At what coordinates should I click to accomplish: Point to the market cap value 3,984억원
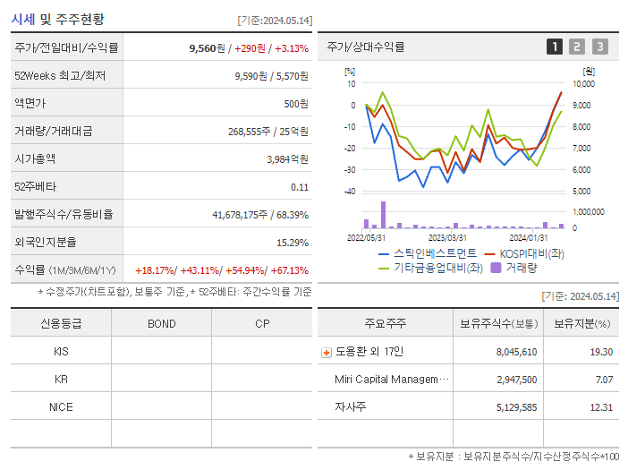[x=287, y=159]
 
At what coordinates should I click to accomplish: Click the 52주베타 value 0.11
[x=300, y=187]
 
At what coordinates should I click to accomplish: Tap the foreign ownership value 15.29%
[x=293, y=243]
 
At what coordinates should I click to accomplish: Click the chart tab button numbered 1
[x=555, y=47]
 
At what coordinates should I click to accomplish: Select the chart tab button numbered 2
[x=577, y=47]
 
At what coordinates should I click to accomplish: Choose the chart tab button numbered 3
[x=599, y=47]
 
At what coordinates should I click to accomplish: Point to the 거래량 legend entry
[x=521, y=267]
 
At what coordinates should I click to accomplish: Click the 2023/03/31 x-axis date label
[x=447, y=237]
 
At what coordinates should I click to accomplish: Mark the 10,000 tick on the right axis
[x=582, y=84]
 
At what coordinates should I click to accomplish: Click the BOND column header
[x=161, y=324]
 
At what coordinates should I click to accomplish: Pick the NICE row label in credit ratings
[x=61, y=407]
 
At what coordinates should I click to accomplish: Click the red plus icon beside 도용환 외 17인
[x=326, y=353]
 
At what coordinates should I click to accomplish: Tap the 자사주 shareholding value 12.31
[x=601, y=407]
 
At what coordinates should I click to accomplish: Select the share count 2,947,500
[x=516, y=380]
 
